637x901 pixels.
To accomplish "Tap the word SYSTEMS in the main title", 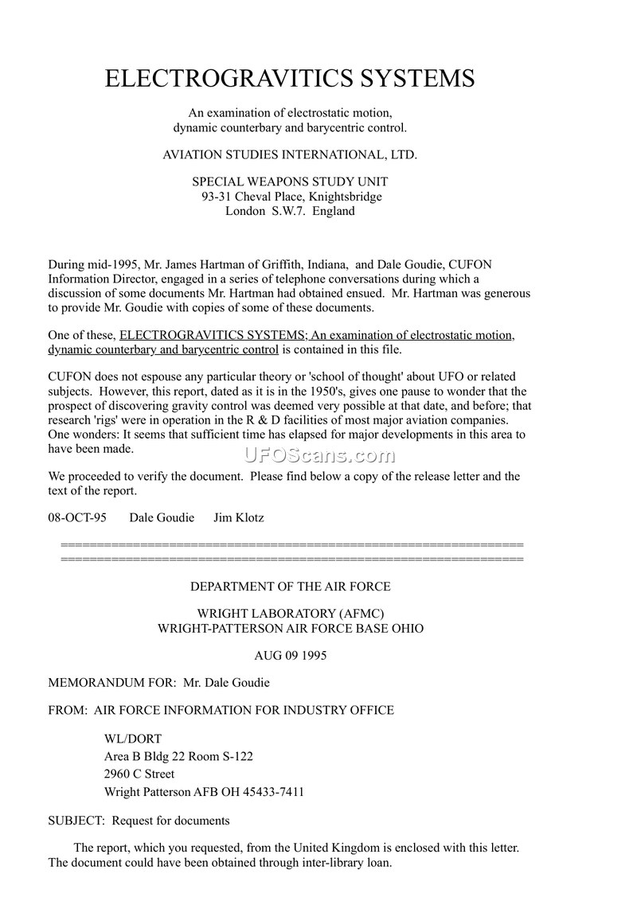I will (x=413, y=78).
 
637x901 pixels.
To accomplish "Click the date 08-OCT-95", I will (x=77, y=517).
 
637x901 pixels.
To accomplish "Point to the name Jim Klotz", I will (x=239, y=517).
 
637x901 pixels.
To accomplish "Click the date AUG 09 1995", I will (x=290, y=656).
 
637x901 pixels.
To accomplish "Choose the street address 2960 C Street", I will (x=139, y=774).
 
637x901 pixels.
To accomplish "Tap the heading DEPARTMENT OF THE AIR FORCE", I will (x=290, y=587).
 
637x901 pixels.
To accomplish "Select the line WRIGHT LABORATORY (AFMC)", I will (x=290, y=613).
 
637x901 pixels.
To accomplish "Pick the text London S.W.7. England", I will (x=290, y=211).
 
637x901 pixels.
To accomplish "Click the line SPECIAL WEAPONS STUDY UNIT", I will (x=290, y=182).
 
